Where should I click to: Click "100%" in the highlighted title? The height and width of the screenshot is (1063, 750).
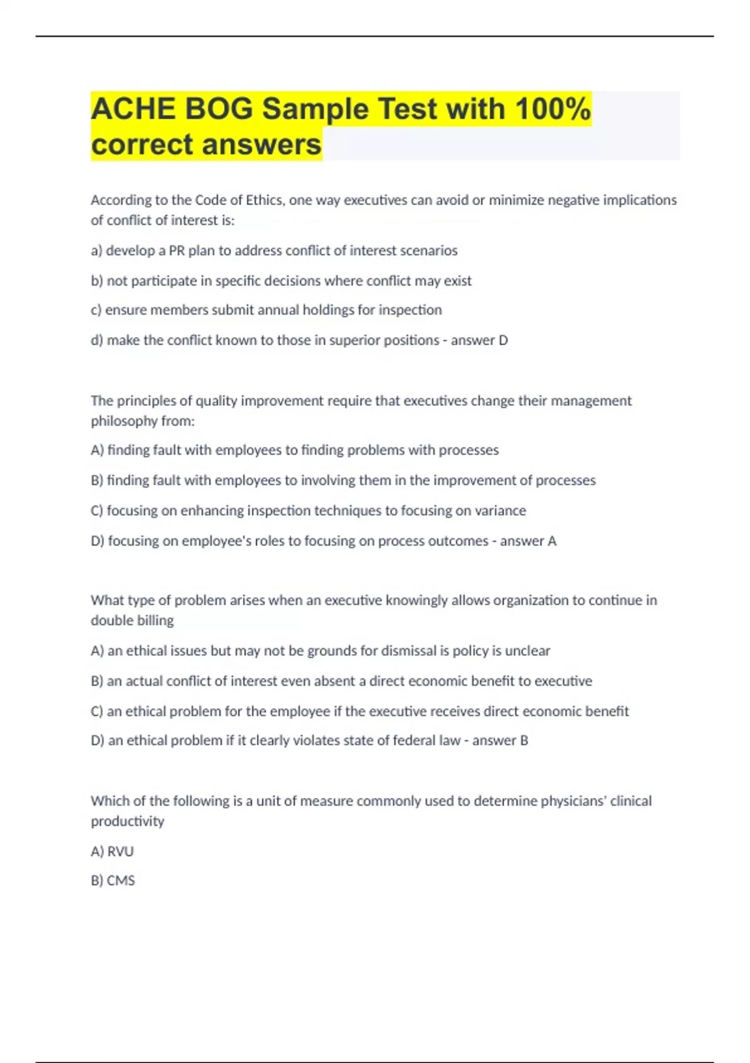[553, 109]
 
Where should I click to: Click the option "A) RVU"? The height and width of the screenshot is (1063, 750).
[112, 851]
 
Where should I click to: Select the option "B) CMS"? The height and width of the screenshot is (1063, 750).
[113, 880]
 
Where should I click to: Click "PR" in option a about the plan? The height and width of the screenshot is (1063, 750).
[176, 251]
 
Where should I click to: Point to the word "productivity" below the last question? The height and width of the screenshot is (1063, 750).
[127, 821]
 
